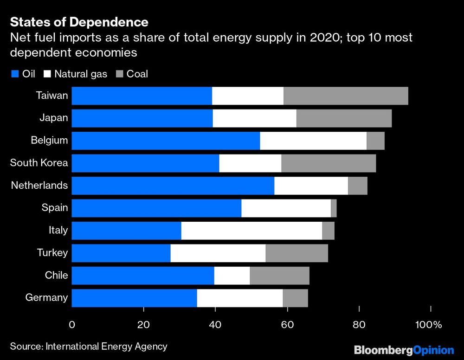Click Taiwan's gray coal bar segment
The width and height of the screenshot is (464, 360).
pyautogui.click(x=346, y=96)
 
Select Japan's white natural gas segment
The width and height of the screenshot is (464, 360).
pyautogui.click(x=254, y=118)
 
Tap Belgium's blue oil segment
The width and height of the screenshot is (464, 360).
pyautogui.click(x=166, y=141)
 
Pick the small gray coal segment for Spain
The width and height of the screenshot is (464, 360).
pyautogui.click(x=334, y=208)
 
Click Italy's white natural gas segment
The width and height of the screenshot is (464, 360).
pyautogui.click(x=251, y=231)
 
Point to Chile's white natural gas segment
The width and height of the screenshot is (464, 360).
pyautogui.click(x=232, y=276)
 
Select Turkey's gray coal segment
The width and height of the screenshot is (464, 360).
pyautogui.click(x=296, y=253)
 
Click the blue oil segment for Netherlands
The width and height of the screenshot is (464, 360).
pyautogui.click(x=173, y=186)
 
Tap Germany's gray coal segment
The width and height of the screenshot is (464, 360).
pyautogui.click(x=295, y=298)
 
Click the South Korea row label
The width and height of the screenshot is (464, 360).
pyautogui.click(x=39, y=163)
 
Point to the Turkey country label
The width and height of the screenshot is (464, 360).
pyautogui.click(x=52, y=253)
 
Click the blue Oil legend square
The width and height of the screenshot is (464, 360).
pyautogui.click(x=14, y=74)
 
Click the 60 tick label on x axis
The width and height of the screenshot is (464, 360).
pyautogui.click(x=287, y=324)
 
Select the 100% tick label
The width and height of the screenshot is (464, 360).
pyautogui.click(x=429, y=324)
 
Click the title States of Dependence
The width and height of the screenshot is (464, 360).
pyautogui.click(x=79, y=22)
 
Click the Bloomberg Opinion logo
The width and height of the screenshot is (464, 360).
pyautogui.click(x=404, y=350)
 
